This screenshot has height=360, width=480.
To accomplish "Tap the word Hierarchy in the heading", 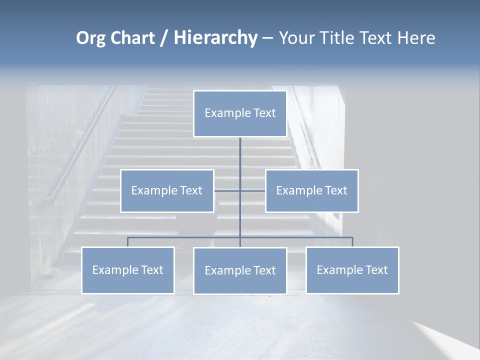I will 215,38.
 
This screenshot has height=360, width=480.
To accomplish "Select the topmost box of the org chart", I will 240,113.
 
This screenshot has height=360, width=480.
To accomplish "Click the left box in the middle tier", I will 167,190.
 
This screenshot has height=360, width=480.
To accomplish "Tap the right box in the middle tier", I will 312,190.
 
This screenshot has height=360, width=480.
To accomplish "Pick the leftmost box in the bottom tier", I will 127,270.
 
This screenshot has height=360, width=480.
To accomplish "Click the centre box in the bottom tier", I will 240,270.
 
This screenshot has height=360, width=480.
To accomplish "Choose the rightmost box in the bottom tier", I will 352,270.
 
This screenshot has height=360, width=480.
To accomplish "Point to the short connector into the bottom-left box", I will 127,242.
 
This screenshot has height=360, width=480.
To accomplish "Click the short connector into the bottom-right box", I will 352,242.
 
